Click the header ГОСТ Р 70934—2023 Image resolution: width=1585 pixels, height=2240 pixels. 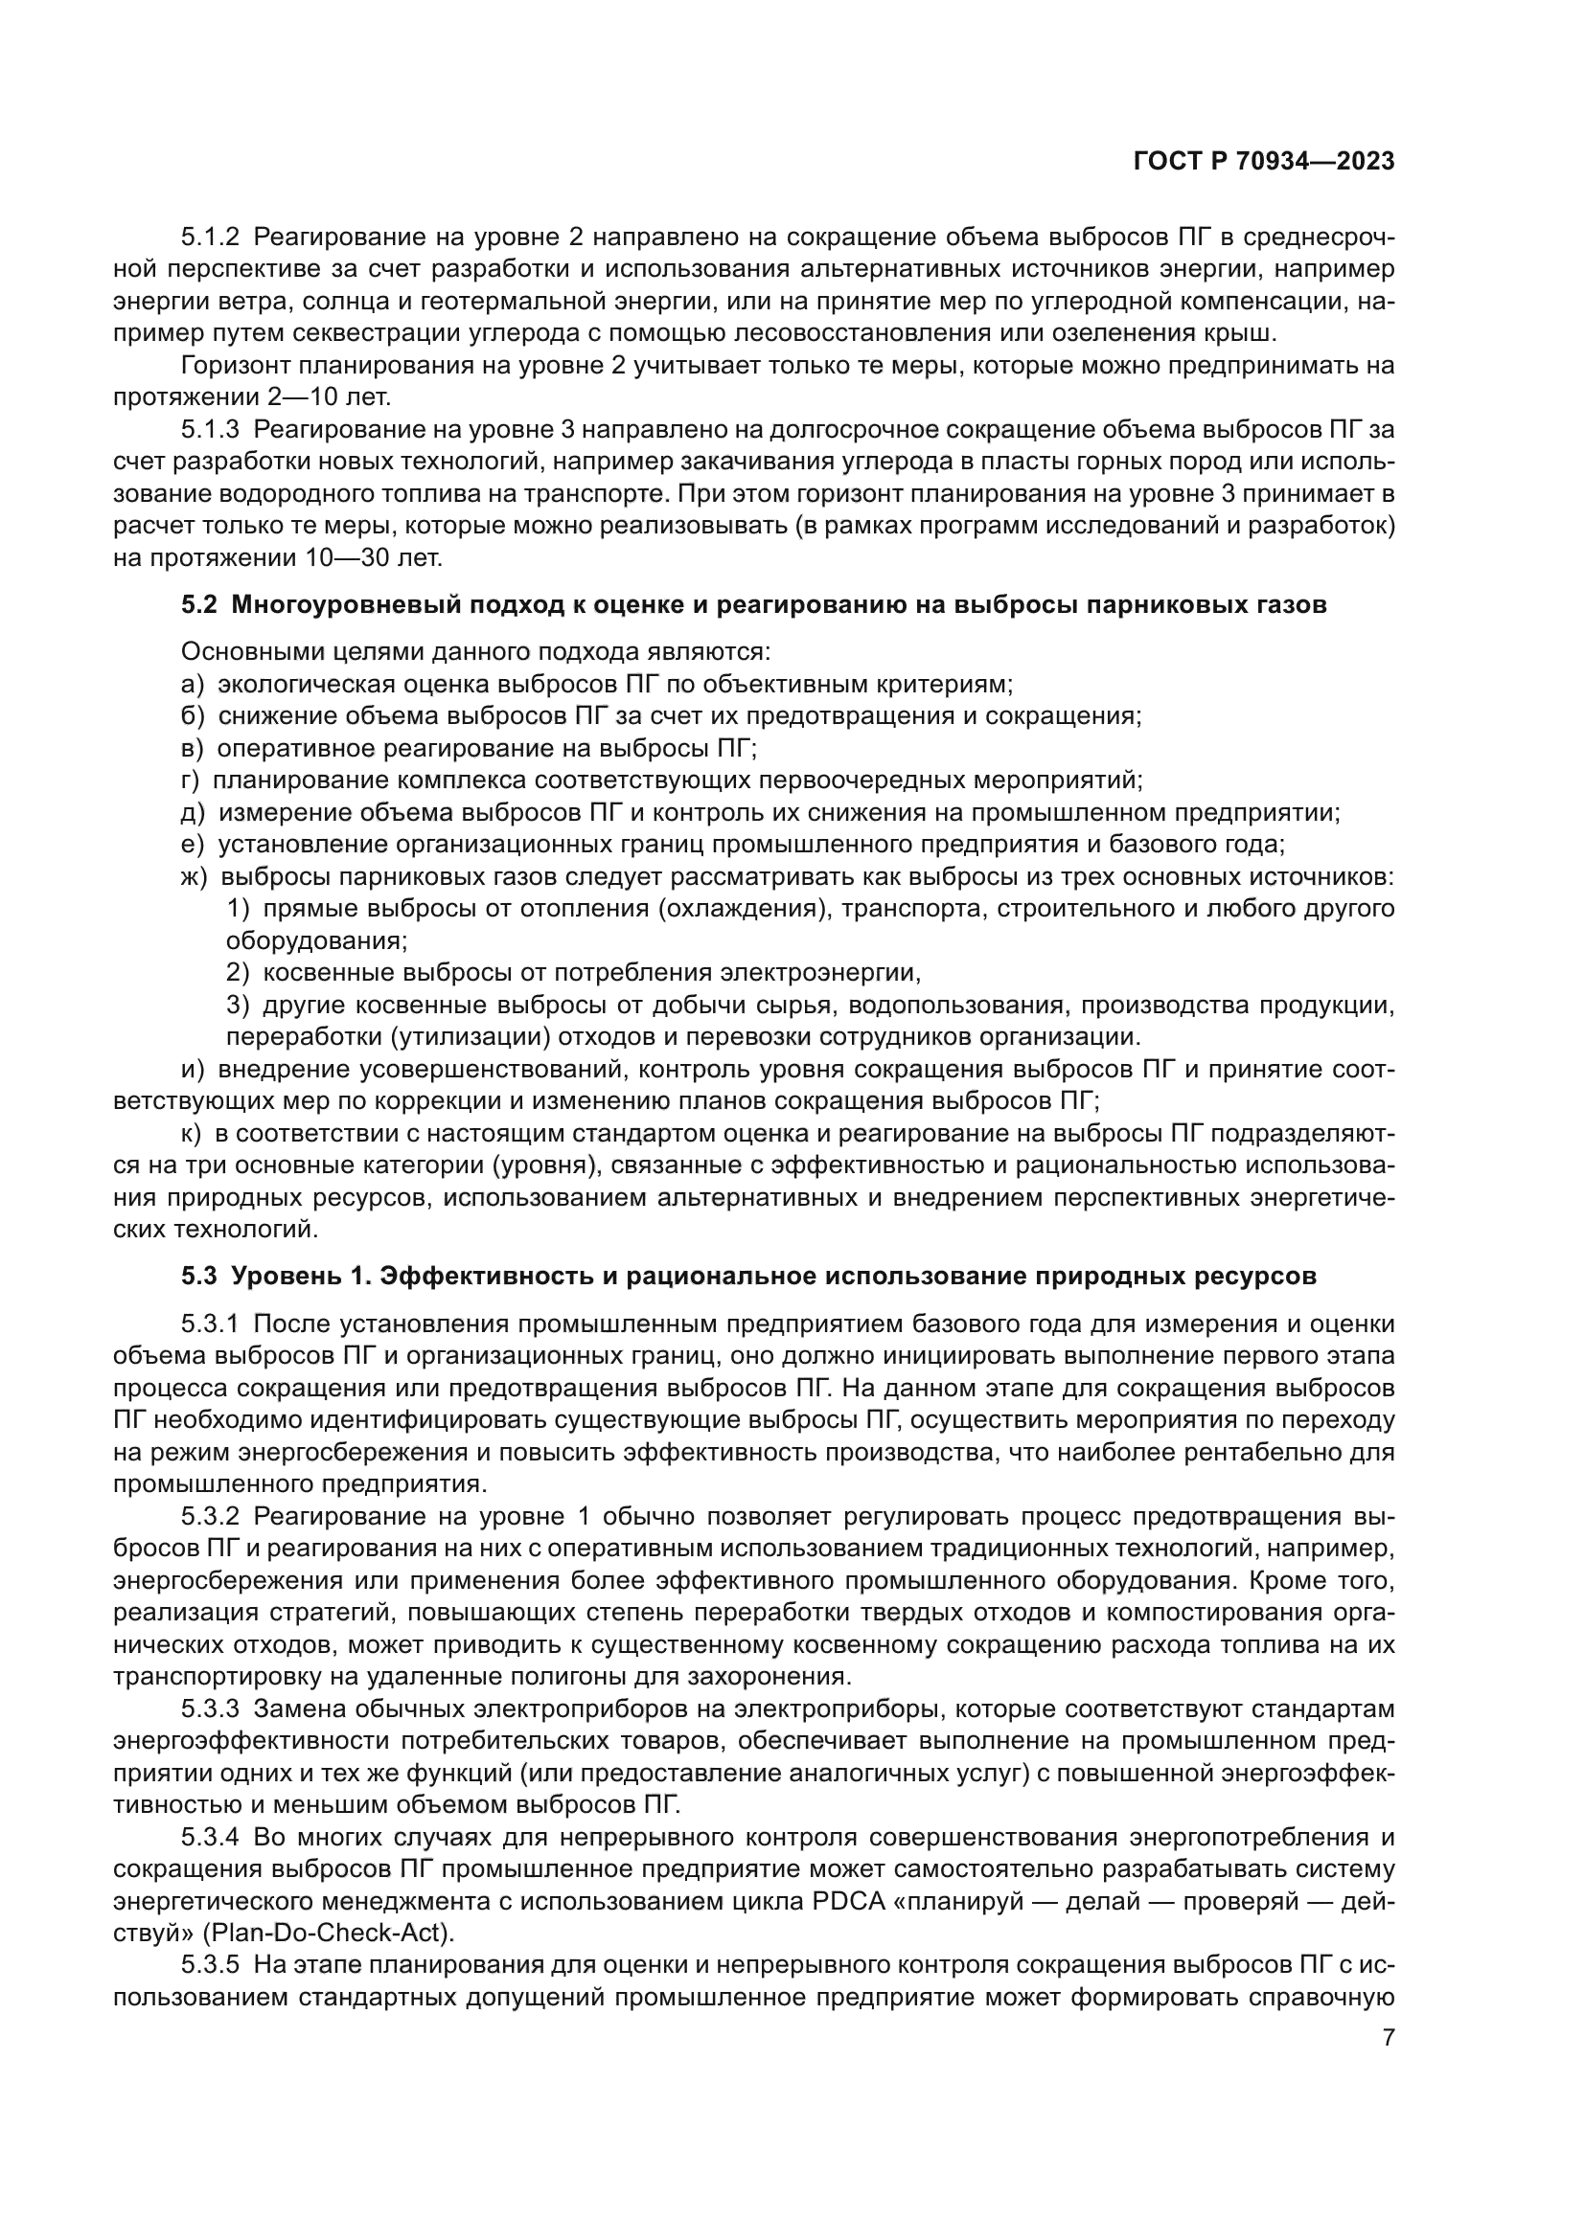pyautogui.click(x=1263, y=162)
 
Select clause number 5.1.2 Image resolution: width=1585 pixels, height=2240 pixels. pyautogui.click(x=210, y=238)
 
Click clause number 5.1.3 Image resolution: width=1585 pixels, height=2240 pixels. pyautogui.click(x=210, y=429)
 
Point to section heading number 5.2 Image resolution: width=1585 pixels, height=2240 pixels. pyautogui.click(x=200, y=605)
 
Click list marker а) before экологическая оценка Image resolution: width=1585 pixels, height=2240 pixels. pyautogui.click(x=193, y=685)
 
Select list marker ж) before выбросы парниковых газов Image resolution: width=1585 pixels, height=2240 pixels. pyautogui.click(x=195, y=877)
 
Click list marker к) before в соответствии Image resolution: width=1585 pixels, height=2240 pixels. pyautogui.click(x=192, y=1134)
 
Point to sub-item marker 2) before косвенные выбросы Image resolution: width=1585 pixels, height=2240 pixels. pyautogui.click(x=239, y=973)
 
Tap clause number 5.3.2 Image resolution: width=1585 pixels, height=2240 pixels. pyautogui.click(x=210, y=1516)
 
